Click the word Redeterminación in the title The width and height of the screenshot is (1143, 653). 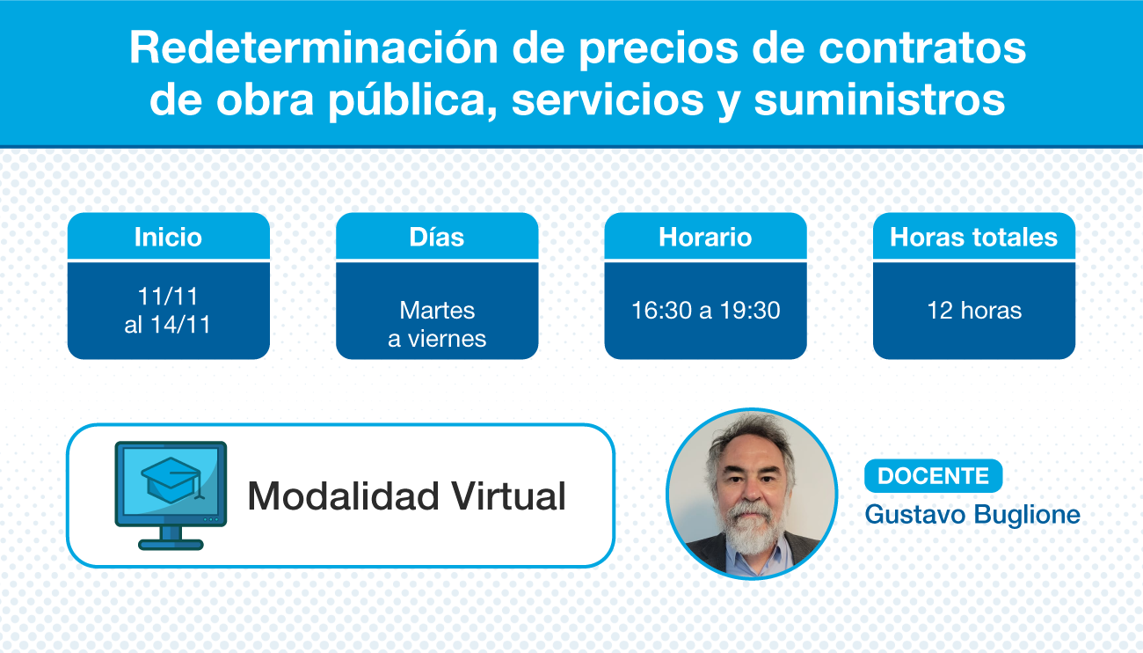[313, 48]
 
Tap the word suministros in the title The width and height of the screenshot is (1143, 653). [879, 99]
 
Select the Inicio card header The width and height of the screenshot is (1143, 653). [169, 237]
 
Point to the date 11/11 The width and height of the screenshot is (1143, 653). [168, 296]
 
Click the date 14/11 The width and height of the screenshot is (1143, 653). [180, 325]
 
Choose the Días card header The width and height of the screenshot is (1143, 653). [437, 237]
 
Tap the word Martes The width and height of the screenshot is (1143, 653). [437, 311]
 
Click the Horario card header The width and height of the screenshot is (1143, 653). [705, 237]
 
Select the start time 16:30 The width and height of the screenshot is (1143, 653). [661, 311]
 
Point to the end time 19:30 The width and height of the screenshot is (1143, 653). [750, 311]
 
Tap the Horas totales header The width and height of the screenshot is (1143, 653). [973, 237]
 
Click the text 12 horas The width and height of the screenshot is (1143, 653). [974, 311]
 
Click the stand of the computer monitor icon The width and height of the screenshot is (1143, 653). [171, 538]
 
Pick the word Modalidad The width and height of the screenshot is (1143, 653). [343, 495]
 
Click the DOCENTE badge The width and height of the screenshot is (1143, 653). [933, 476]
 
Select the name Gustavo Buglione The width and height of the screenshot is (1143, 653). [972, 515]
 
